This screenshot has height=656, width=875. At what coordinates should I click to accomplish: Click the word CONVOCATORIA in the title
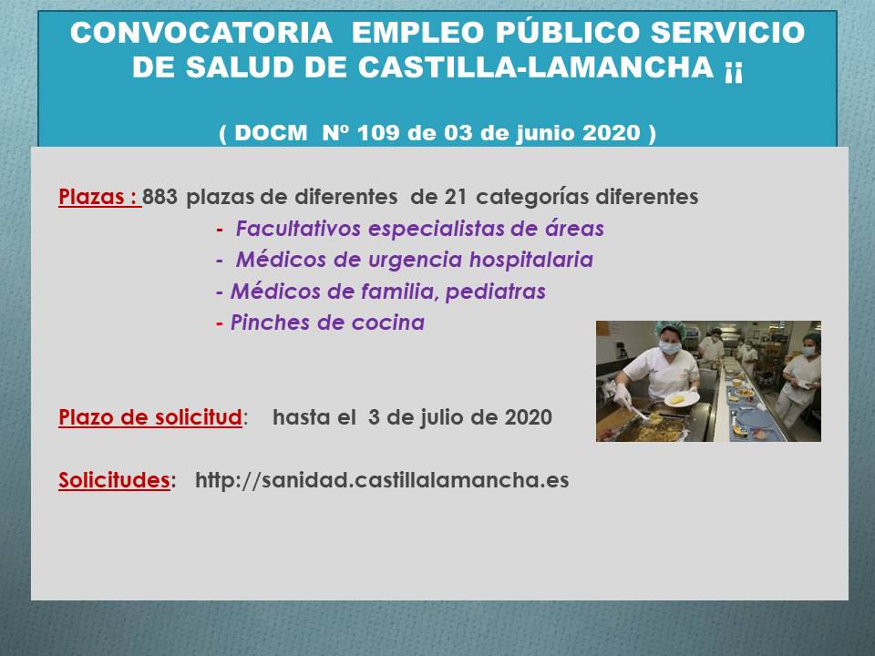(x=201, y=33)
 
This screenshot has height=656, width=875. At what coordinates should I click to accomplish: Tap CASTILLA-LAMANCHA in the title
(x=536, y=67)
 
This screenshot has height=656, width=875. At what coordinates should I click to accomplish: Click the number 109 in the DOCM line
(x=377, y=133)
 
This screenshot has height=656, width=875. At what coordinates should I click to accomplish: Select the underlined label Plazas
(x=98, y=197)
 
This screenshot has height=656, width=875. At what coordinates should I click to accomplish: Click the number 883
(x=160, y=197)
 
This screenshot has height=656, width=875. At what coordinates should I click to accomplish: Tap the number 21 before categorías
(x=456, y=197)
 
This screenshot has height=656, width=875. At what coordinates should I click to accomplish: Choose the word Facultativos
(x=298, y=228)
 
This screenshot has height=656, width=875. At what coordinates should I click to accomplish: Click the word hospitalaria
(x=530, y=260)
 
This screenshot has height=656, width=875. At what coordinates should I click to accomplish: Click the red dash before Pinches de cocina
(x=220, y=323)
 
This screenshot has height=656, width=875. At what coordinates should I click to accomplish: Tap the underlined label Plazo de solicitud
(x=150, y=417)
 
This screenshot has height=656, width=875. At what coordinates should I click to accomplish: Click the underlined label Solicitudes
(x=115, y=480)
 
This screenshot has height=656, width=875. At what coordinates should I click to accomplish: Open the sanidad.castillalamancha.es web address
(x=382, y=480)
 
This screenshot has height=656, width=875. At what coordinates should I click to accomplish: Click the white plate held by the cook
(x=682, y=399)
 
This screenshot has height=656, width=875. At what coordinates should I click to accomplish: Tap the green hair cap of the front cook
(x=672, y=329)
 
